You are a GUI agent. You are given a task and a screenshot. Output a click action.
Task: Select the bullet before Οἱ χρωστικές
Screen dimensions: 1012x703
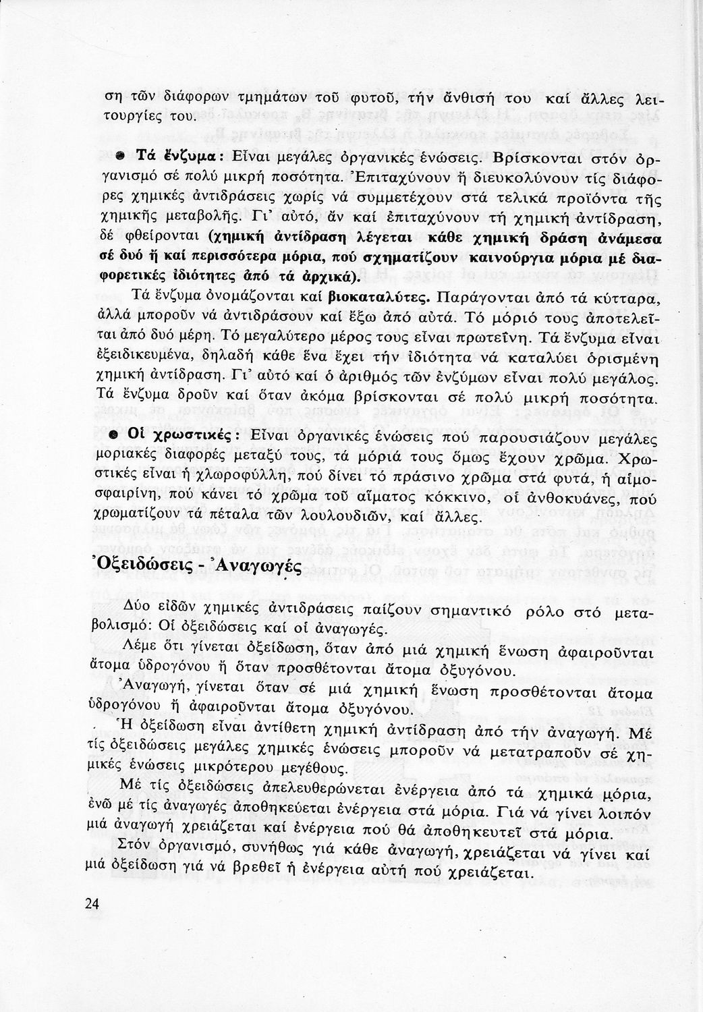116,435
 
